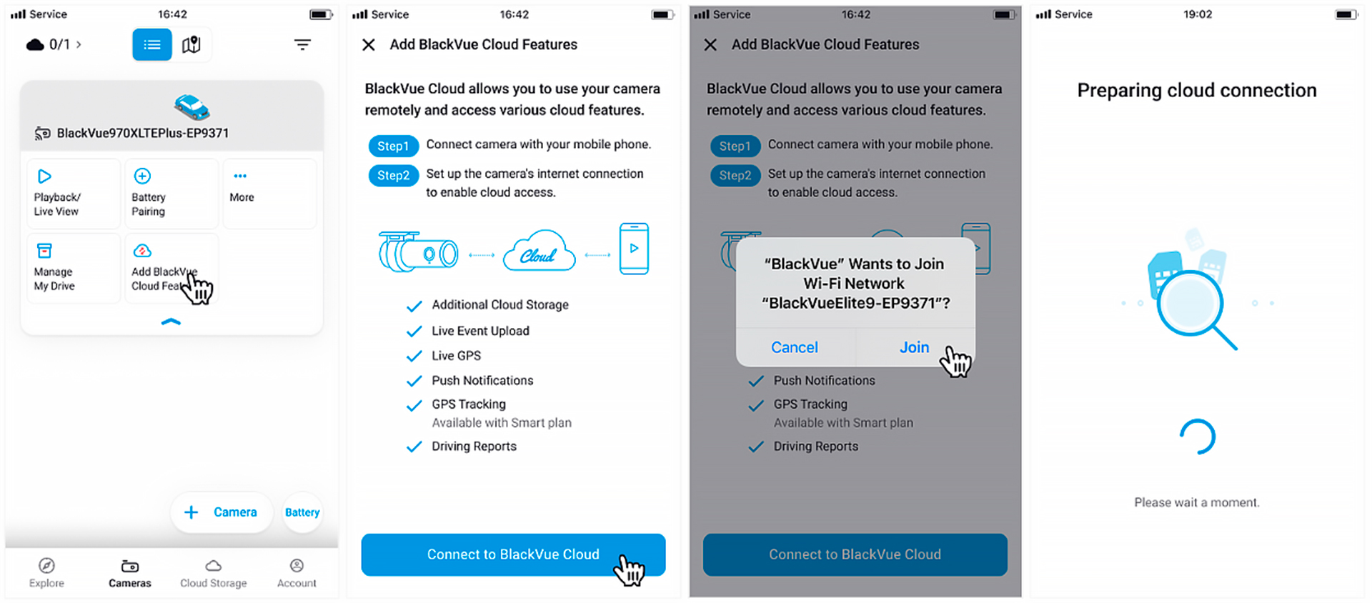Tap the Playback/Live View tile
click(x=73, y=193)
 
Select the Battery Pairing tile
click(x=171, y=193)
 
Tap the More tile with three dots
click(x=269, y=193)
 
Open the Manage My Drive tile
click(x=73, y=268)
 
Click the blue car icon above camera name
click(x=192, y=107)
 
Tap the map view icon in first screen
click(x=191, y=45)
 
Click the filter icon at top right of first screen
click(x=302, y=45)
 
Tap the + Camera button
click(x=222, y=512)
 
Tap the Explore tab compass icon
click(x=46, y=566)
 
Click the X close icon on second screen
click(x=369, y=45)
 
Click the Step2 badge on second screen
click(x=393, y=175)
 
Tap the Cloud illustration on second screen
click(x=539, y=251)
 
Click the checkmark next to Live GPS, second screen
click(x=414, y=356)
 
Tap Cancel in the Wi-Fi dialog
click(x=794, y=347)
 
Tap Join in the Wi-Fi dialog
click(x=914, y=347)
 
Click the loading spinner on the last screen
click(x=1197, y=437)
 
